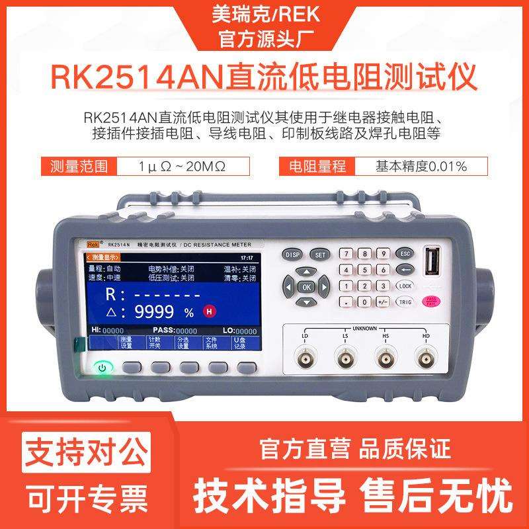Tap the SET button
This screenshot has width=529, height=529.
pos(321,255)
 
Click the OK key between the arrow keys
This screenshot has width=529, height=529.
pos(305,287)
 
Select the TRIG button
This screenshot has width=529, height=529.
pos(405,302)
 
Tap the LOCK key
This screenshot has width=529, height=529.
pos(405,286)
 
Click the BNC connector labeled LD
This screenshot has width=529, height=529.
pos(305,361)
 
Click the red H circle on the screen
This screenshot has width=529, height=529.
pos(210,311)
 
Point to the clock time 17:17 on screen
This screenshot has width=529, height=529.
pos(246,257)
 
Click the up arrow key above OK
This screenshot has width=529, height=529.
pos(305,272)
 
